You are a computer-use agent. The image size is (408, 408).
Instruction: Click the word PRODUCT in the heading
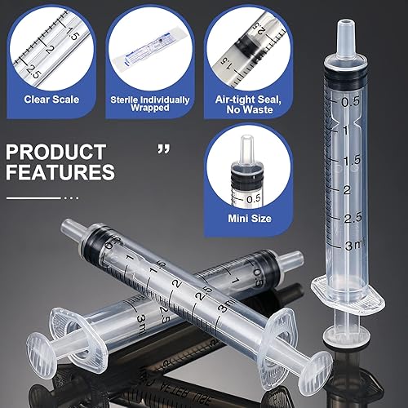(55, 152)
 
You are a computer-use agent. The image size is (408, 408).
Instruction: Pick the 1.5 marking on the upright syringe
(353, 161)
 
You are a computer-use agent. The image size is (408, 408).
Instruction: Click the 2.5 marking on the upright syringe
(353, 218)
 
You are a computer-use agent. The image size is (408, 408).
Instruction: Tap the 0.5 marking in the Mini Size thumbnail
(253, 197)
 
